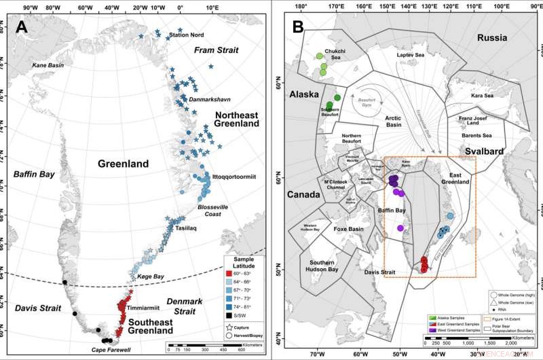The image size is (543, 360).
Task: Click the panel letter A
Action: tap(22, 28)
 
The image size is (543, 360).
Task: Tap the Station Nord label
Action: tap(187, 35)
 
